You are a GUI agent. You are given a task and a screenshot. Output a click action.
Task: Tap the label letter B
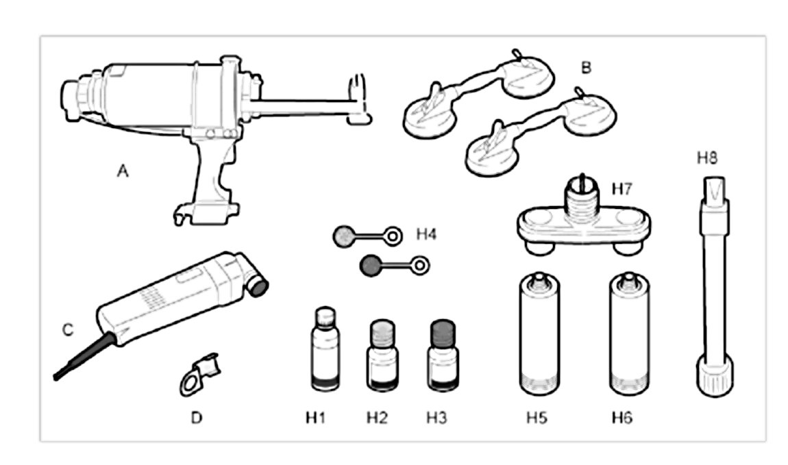click(x=585, y=68)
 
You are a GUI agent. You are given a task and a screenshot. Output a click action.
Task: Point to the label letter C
click(x=67, y=330)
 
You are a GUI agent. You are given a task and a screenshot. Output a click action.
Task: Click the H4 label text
click(x=426, y=236)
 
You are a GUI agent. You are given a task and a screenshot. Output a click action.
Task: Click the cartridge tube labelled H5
click(x=538, y=336)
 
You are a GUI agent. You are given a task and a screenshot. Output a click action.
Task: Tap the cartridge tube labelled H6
click(x=628, y=336)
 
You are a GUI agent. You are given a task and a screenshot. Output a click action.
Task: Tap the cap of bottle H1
click(x=325, y=316)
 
